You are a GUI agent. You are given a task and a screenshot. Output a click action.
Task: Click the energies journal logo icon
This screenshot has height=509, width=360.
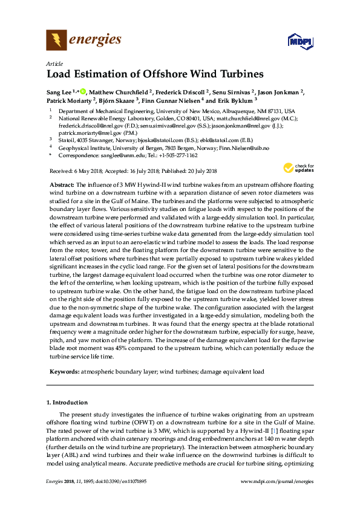coord(56,41)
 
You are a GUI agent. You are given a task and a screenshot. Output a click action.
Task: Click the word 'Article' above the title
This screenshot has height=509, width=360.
coord(53,63)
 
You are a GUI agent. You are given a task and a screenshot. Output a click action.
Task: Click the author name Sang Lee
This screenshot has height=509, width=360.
coord(59,92)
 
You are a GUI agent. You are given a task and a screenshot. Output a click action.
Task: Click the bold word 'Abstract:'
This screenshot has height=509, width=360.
coord(61,183)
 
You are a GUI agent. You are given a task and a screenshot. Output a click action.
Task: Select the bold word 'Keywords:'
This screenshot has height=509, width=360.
coord(62,371)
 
